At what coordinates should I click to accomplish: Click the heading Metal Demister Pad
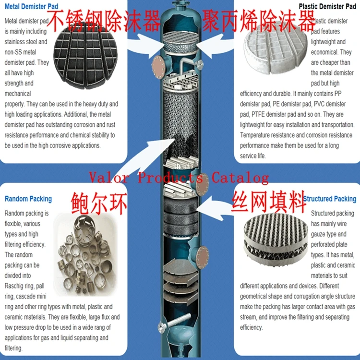(32, 6)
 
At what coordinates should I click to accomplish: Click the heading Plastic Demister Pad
(327, 6)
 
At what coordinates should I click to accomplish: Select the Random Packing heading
(28, 199)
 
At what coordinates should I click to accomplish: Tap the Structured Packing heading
(330, 199)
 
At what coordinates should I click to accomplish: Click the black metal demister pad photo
(85, 56)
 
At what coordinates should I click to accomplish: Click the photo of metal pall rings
(85, 255)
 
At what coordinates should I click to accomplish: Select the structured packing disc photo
(276, 240)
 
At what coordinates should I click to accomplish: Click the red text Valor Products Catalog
(179, 178)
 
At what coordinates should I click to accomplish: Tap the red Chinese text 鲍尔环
(99, 204)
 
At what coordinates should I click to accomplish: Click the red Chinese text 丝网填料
(269, 202)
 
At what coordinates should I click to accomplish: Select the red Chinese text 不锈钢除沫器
(103, 21)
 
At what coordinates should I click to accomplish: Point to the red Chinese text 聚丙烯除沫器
(259, 21)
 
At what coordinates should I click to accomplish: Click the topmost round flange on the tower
(158, 67)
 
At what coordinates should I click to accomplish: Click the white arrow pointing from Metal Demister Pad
(147, 46)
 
